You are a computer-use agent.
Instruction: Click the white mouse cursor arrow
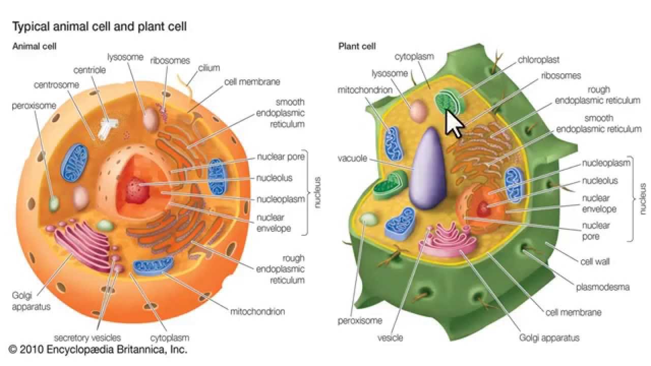click(453, 123)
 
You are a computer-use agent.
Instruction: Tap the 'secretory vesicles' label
click(87, 338)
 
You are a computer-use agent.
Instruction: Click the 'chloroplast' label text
click(538, 59)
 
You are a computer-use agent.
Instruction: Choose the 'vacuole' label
click(352, 158)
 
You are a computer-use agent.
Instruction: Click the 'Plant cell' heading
click(357, 47)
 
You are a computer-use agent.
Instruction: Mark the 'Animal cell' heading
click(34, 46)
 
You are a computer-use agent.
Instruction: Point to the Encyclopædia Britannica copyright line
click(98, 349)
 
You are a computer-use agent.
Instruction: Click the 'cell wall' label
click(595, 262)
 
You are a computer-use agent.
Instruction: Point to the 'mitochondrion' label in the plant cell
click(365, 90)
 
